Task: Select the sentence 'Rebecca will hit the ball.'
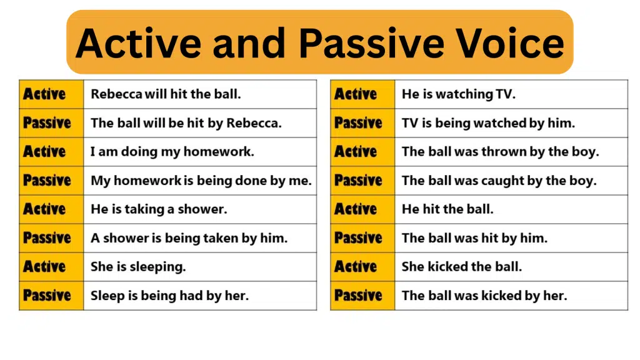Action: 166,94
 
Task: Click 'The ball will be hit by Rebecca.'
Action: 186,123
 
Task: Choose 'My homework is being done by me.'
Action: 201,181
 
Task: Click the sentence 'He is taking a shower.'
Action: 159,209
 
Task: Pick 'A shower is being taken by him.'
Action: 189,238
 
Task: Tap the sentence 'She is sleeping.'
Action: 138,267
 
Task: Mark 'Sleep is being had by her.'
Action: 169,296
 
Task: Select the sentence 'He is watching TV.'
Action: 459,94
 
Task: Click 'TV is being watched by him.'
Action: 488,123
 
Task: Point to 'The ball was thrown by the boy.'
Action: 500,152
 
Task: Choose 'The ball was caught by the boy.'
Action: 499,181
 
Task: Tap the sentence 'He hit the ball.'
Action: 447,209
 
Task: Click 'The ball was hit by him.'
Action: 474,238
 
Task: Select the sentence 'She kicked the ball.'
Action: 462,267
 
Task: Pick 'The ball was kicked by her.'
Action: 484,296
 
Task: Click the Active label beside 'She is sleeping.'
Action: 44,267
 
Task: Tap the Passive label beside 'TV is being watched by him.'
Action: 358,123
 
